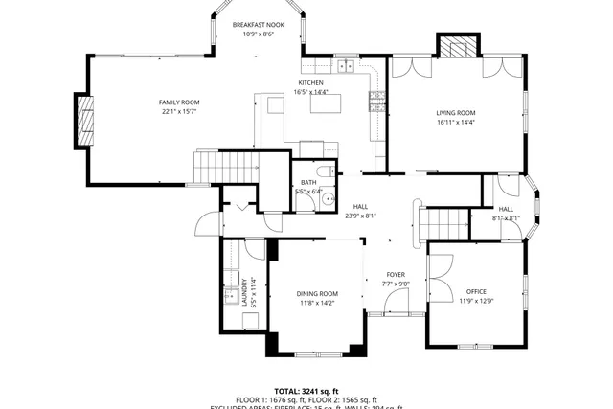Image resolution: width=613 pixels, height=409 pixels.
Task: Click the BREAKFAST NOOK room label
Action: [x=258, y=24]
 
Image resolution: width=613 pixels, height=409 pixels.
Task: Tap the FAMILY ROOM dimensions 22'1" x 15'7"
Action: [x=178, y=112]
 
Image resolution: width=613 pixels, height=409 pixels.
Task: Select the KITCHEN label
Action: [x=309, y=83]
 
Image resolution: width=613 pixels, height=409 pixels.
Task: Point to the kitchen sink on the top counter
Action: [x=344, y=66]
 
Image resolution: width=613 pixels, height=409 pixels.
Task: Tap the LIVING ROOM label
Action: [x=456, y=112]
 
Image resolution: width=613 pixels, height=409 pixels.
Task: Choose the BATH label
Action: [x=308, y=182]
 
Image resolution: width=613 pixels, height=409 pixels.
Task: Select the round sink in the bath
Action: [x=327, y=199]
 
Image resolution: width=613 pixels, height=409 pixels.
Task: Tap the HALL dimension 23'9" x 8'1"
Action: [x=360, y=216]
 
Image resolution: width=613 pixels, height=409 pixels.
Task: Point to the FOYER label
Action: [x=396, y=274]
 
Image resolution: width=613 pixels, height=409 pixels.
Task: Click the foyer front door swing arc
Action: [x=394, y=303]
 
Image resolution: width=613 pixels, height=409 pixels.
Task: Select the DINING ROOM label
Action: [x=317, y=293]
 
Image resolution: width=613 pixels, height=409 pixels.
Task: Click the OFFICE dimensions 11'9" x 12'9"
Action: [x=476, y=301]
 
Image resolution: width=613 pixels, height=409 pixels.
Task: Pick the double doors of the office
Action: [x=439, y=277]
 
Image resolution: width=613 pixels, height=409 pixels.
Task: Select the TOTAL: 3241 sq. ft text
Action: [x=306, y=391]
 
